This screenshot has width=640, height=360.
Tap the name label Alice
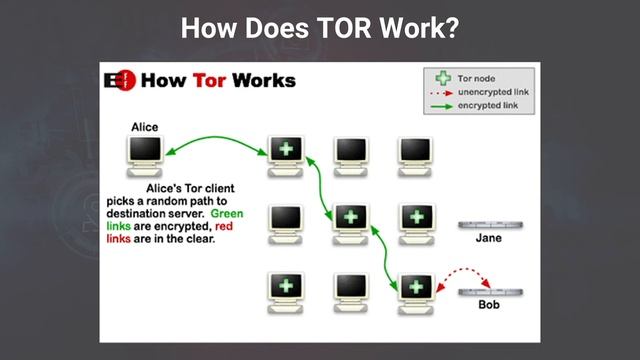point(146,127)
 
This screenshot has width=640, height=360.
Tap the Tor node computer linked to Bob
point(414,287)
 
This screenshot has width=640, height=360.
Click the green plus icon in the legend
point(438,77)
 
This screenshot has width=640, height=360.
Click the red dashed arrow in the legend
point(437,91)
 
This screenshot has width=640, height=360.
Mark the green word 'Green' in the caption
point(227,213)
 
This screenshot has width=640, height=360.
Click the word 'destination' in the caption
point(141,213)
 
